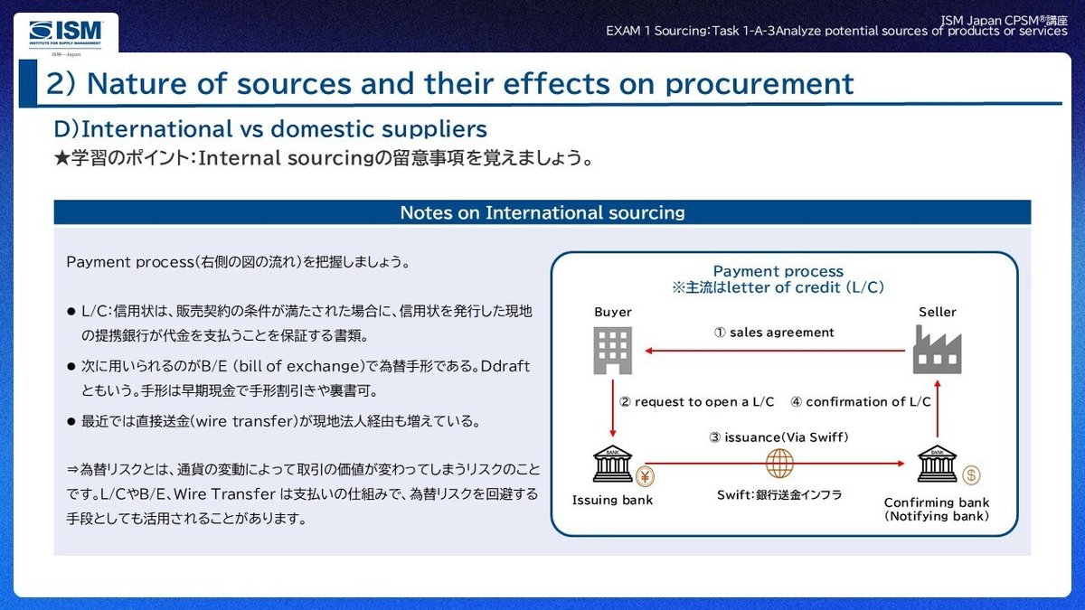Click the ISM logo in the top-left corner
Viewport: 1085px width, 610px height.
click(65, 33)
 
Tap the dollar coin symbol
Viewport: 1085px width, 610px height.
click(971, 475)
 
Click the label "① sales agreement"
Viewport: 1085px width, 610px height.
click(774, 333)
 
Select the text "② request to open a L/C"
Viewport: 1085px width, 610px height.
click(696, 401)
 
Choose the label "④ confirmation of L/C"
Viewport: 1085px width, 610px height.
click(861, 401)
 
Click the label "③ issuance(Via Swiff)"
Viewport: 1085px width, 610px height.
click(778, 437)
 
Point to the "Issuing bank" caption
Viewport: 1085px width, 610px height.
click(612, 500)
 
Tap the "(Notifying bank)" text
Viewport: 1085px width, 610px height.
click(937, 516)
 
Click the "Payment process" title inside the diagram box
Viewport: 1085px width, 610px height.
click(778, 271)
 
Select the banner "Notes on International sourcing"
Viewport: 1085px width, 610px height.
click(542, 213)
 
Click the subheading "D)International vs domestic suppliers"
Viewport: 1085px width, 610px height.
click(270, 128)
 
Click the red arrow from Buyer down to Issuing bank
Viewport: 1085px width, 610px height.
click(612, 412)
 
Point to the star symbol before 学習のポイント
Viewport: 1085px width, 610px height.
click(61, 158)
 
